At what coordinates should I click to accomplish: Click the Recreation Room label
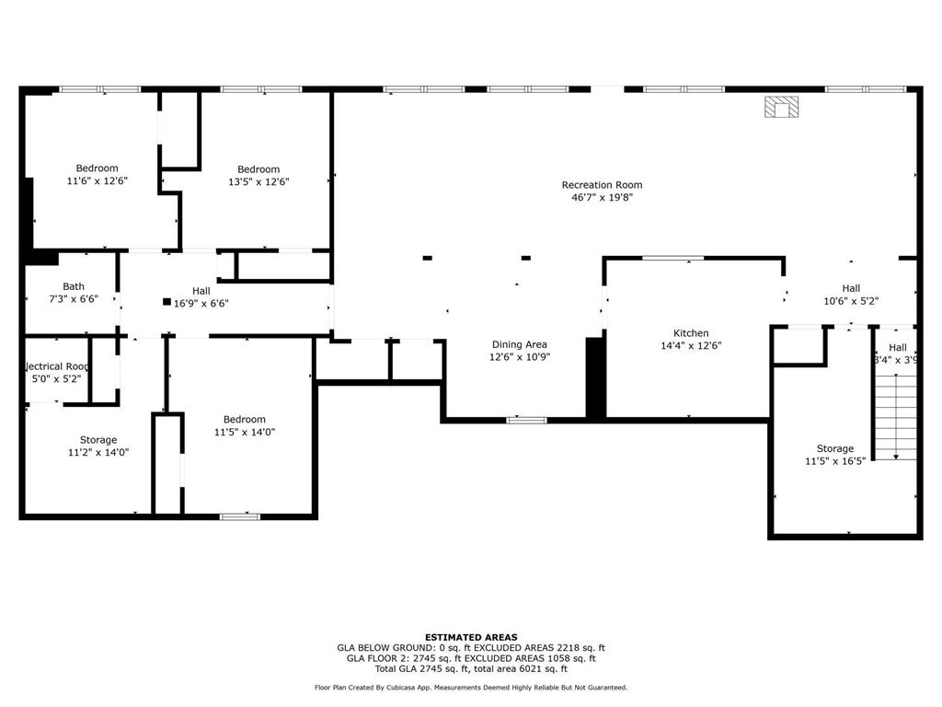coord(602,185)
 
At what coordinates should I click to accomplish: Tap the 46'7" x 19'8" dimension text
coord(602,197)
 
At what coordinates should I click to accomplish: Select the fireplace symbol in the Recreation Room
coord(782,108)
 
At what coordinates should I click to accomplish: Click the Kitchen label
coord(691,333)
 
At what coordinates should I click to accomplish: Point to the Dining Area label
coord(519,344)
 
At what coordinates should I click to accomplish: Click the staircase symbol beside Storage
coord(894,418)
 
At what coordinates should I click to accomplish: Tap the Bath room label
coord(74,287)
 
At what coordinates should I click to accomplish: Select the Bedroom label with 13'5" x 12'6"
coord(258,169)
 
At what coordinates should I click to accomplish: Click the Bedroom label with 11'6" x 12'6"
coord(97,168)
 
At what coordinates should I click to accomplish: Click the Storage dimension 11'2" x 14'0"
coord(97,452)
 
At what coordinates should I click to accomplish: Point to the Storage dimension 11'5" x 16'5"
coord(835,461)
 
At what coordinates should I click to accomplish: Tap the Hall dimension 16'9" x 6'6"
coord(201,303)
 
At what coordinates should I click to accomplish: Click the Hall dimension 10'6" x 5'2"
coord(851,300)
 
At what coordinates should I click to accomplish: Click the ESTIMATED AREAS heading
coord(470,637)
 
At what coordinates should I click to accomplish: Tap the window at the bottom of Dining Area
coord(526,421)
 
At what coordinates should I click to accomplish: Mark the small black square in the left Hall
coord(167,302)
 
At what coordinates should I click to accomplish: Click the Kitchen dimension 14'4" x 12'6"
coord(691,346)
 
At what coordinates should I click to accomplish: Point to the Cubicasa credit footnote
coord(470,688)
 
